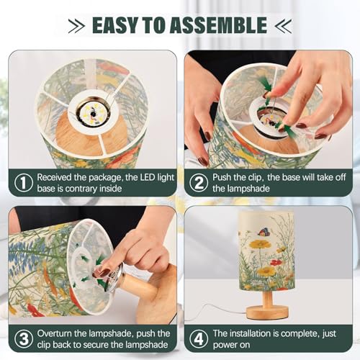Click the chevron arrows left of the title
76,27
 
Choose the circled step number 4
199,340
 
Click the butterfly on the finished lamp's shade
264,232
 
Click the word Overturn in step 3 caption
56,333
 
